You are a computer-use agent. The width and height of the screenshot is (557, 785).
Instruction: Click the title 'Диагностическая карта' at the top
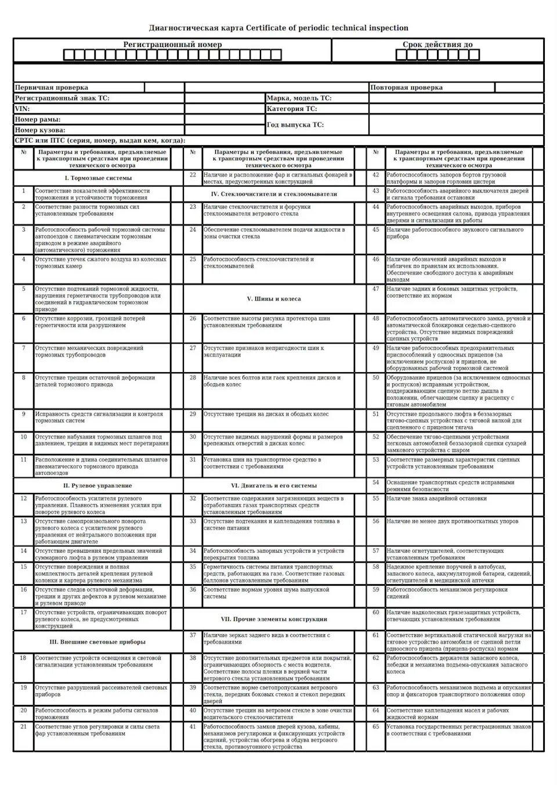pos(197,28)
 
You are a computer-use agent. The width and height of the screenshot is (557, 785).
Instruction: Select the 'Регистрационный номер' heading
pos(172,45)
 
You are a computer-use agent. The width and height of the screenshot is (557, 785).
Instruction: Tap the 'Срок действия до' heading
pos(437,45)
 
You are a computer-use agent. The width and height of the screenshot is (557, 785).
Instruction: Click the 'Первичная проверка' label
pos(52,88)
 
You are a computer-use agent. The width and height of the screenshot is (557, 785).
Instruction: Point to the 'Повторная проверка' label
pos(406,88)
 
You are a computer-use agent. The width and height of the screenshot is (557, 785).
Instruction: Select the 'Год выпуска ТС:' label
pos(295,125)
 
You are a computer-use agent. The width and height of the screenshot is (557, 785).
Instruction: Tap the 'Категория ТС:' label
pos(292,109)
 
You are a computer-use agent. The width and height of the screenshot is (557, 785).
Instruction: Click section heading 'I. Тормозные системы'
pos(98,178)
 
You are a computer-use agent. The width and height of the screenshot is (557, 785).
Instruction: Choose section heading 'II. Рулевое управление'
pos(98,485)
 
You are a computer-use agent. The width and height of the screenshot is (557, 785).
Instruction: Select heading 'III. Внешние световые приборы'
pos(97,642)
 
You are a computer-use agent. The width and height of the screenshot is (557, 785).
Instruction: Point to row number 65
pos(375,726)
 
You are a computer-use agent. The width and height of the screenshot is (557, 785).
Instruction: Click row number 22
pos(193,175)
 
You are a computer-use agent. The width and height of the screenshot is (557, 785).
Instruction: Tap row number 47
pos(375,289)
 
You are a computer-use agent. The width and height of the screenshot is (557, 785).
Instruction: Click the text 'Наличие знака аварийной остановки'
pos(436,498)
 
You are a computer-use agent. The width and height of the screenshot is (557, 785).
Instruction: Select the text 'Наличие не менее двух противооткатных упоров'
pos(453,521)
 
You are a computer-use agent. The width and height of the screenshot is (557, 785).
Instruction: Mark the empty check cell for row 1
pos(177,194)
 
